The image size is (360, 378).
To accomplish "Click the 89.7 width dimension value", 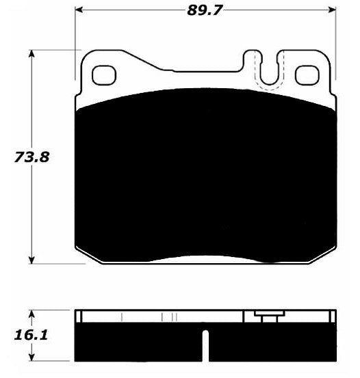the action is coord(204,10).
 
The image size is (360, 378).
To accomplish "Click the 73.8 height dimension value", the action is coord(31,157).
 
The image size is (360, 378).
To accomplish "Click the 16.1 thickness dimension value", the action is coord(31,335).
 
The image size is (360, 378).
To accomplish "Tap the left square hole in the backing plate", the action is coord(104,75).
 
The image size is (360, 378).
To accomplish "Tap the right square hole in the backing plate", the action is coord(307,75).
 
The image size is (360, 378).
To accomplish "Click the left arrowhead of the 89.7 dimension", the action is coord(79,10).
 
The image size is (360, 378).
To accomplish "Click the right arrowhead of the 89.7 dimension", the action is coord(332,10).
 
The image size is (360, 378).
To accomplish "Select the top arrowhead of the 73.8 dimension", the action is coord(31,54).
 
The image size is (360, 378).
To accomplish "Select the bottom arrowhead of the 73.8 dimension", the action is coord(31,260).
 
